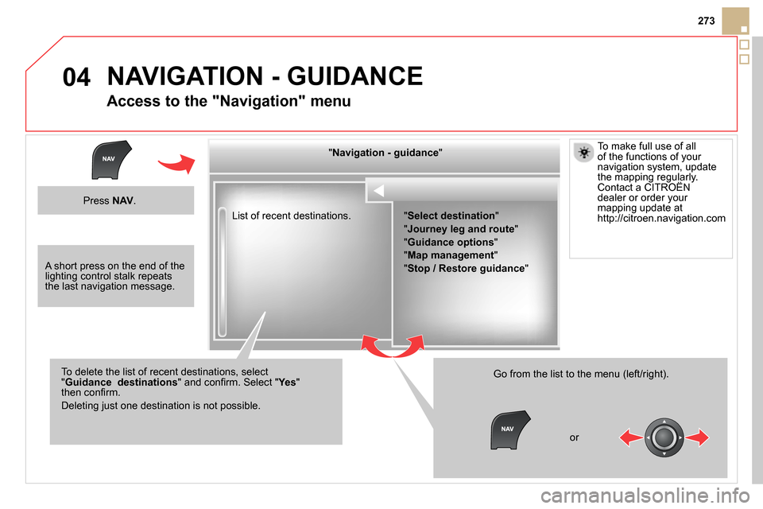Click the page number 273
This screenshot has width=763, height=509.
coord(706,21)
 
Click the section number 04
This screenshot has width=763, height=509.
coord(76,77)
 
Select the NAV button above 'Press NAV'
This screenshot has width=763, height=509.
coord(111,160)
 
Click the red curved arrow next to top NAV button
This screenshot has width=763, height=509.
coord(176,164)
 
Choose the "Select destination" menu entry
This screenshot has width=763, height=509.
coord(451,216)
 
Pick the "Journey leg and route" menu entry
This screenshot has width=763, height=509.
coord(461,229)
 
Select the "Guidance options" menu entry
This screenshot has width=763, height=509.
coord(451,242)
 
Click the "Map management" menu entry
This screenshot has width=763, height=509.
coord(451,255)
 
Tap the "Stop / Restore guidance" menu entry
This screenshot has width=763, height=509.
coord(467,268)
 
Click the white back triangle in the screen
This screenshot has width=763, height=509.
coord(379,191)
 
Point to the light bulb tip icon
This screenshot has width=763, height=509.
coord(583,153)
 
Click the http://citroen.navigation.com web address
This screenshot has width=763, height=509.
coord(661,218)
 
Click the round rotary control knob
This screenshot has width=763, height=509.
coord(664,437)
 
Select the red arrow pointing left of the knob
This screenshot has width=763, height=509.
coord(631,437)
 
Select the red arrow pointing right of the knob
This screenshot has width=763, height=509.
coord(697,437)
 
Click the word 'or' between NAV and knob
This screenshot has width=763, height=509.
coord(574,437)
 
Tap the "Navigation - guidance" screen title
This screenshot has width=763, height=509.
coord(385,153)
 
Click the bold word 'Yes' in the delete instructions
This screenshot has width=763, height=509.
coord(287,383)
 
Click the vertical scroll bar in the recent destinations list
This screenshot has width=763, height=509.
coord(223,272)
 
